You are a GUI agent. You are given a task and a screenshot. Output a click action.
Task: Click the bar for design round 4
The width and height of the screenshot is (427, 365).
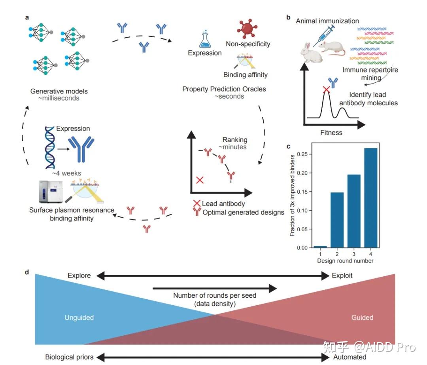[x=370, y=198]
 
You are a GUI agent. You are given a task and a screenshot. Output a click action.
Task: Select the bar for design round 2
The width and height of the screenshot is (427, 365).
[x=337, y=220]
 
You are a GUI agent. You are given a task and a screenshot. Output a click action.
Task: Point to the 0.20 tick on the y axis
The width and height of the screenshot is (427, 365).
[x=310, y=173]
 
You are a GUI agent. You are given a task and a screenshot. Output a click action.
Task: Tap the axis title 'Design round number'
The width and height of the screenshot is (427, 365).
[x=345, y=260]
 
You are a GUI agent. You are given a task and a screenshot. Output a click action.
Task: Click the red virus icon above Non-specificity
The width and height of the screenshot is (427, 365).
[x=247, y=29]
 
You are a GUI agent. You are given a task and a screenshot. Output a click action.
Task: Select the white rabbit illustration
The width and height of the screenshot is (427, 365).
[x=311, y=53]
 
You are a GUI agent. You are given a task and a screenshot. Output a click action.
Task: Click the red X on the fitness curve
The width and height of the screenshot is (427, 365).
[x=326, y=89]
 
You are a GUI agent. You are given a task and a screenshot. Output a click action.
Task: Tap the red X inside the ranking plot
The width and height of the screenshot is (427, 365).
[x=200, y=180]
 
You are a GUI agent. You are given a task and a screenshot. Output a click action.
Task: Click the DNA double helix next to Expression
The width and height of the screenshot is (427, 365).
[x=50, y=148]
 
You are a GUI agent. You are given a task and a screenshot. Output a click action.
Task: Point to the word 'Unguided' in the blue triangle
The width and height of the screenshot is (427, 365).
[x=79, y=317]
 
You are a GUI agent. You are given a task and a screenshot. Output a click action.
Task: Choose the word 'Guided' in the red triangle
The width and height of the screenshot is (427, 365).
[x=362, y=317]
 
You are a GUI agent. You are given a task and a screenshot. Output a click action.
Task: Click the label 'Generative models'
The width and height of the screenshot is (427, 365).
[x=59, y=91]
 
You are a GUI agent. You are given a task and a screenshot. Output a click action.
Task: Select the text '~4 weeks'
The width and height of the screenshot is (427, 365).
[x=67, y=173]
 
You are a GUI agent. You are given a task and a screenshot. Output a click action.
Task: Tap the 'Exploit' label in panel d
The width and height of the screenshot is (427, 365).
[x=342, y=276]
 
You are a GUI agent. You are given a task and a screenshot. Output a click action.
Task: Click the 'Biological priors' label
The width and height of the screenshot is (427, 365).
[x=69, y=357]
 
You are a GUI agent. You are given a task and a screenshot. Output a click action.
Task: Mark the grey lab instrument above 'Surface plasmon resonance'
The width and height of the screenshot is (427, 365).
[x=51, y=192]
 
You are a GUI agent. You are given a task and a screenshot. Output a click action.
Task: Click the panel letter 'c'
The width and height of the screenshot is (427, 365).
[x=288, y=146]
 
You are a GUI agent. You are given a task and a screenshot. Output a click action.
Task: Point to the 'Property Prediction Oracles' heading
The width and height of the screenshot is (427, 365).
[x=224, y=89]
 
